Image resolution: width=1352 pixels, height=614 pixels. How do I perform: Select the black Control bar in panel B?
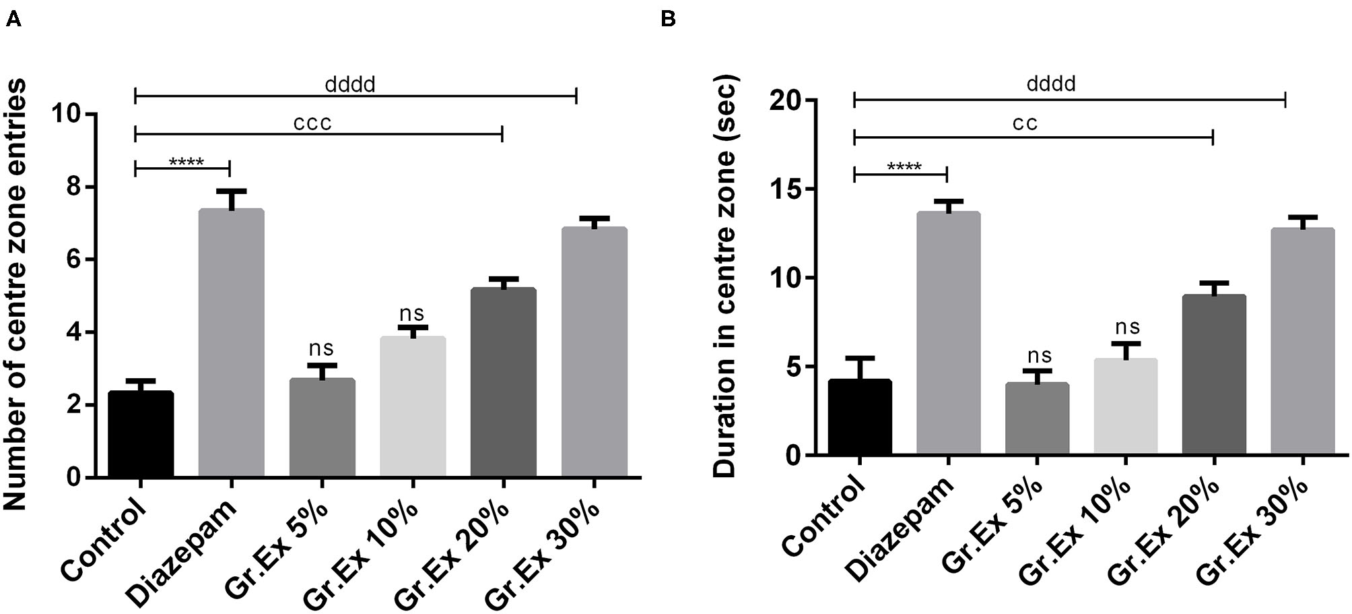tap(860, 417)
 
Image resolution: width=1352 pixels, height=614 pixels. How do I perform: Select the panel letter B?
tap(668, 19)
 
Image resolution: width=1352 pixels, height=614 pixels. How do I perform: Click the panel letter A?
tap(13, 20)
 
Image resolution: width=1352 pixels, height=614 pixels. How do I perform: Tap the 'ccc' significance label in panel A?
tap(312, 123)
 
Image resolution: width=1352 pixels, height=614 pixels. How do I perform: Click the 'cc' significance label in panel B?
tap(1025, 123)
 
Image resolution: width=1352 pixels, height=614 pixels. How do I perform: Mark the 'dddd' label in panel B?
tap(1051, 84)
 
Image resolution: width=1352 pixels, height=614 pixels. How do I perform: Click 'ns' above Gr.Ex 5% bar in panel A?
tap(321, 348)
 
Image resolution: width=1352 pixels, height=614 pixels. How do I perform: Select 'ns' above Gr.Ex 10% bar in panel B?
tap(1127, 327)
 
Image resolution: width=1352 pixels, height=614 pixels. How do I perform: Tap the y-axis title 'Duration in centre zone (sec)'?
tap(726, 276)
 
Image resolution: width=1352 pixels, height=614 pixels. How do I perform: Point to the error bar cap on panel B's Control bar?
tap(860, 358)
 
